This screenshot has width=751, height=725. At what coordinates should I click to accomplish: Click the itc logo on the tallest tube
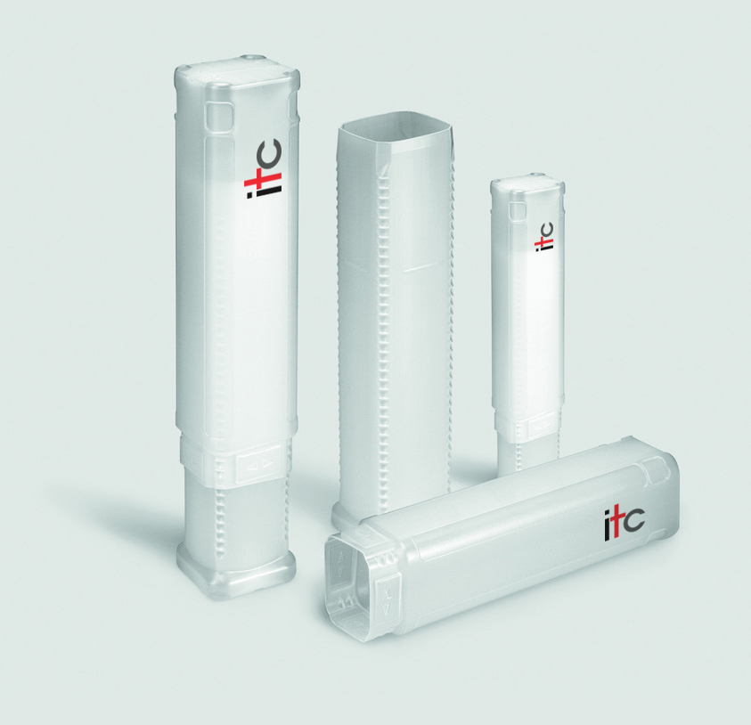(264, 168)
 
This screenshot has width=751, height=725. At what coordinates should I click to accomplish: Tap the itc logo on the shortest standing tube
(544, 236)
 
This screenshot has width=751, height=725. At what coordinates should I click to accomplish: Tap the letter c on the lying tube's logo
(634, 519)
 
